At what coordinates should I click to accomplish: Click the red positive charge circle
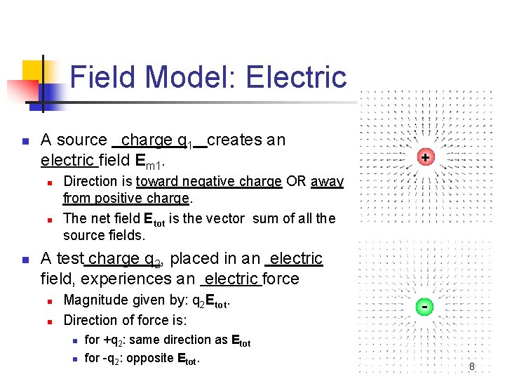coord(425,157)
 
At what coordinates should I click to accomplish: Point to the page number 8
coord(472,366)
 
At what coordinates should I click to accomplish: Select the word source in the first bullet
coord(83,140)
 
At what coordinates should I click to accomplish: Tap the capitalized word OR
coord(296,182)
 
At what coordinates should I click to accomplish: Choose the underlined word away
coord(327,182)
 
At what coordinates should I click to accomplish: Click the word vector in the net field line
coord(225,219)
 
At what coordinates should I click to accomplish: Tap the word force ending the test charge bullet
coord(281,279)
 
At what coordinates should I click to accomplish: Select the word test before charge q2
coord(69,259)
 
